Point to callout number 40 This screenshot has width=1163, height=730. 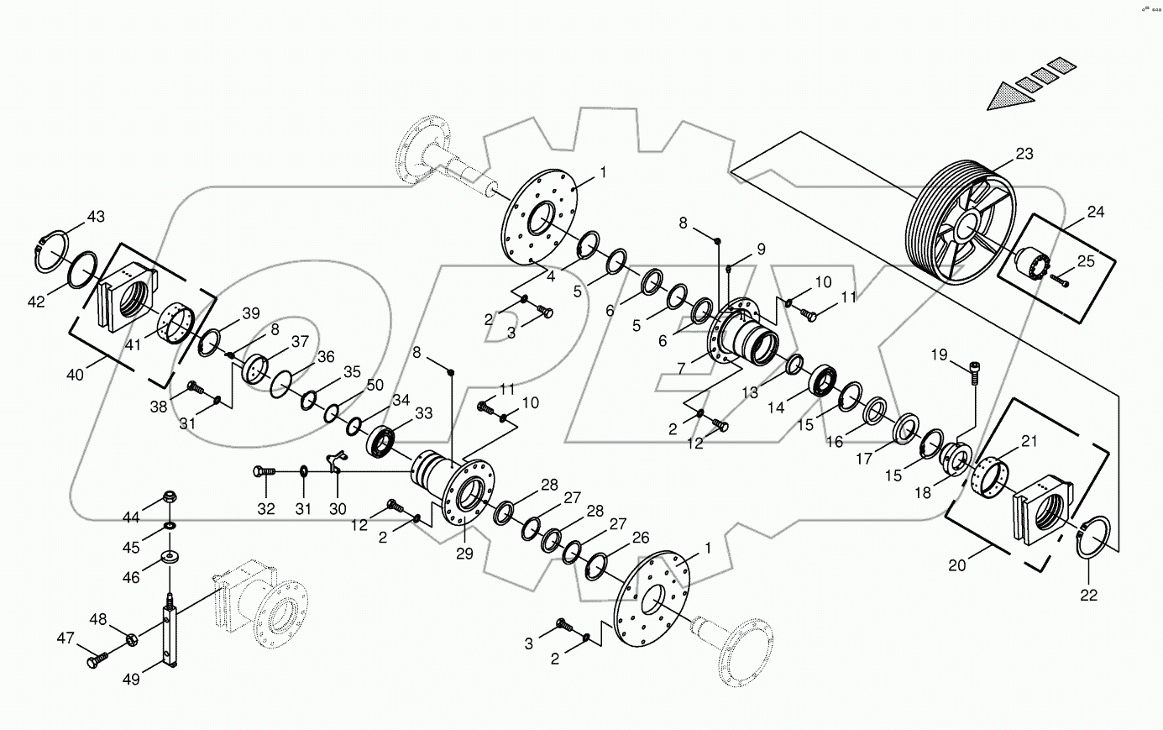point(76,376)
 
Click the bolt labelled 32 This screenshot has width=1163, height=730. point(264,472)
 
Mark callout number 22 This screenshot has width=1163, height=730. point(1089,595)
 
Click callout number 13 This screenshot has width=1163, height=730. point(749,391)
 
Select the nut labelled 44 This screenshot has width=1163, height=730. point(170,496)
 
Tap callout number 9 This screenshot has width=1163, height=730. point(761,249)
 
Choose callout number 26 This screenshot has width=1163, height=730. point(641,537)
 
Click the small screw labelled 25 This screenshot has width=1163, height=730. point(1059,282)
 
